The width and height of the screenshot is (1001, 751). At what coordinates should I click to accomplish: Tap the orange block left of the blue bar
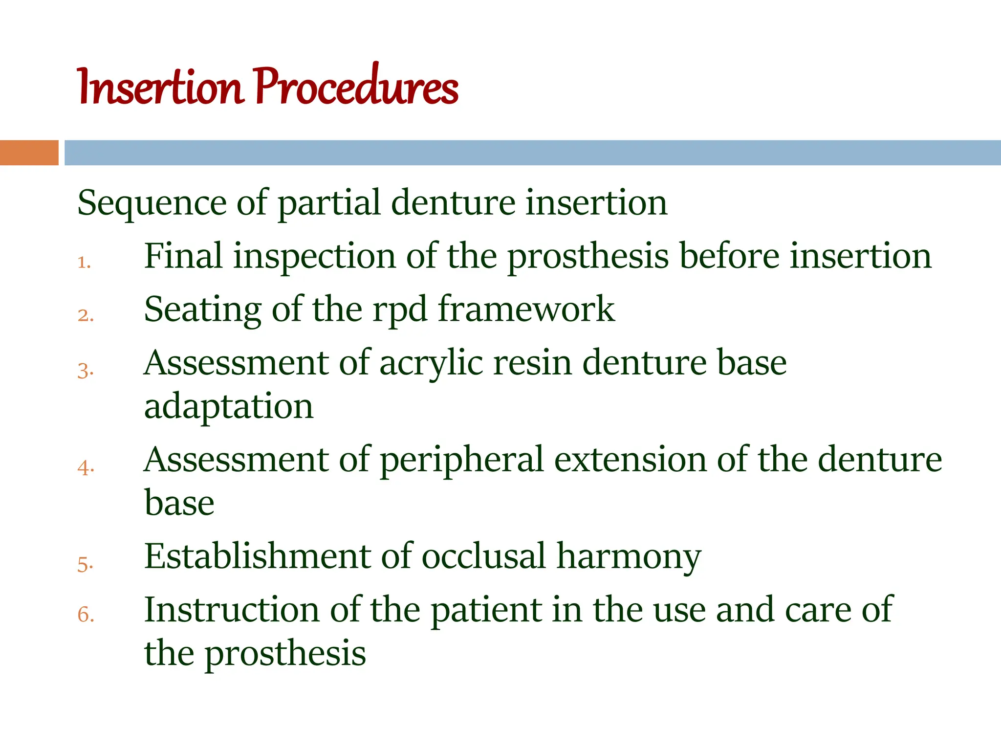(29, 153)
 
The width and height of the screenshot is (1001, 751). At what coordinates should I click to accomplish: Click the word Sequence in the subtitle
(152, 203)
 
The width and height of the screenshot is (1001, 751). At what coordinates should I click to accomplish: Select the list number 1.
(84, 263)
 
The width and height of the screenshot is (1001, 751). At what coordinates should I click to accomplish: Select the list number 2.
(85, 316)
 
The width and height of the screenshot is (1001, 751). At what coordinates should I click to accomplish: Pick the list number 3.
(85, 371)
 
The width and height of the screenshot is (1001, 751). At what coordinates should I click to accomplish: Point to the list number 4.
(85, 468)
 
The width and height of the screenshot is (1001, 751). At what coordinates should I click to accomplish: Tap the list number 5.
(85, 565)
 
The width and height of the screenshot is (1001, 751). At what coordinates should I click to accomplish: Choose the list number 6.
(85, 615)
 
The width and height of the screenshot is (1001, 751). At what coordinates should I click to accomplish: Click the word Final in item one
(183, 256)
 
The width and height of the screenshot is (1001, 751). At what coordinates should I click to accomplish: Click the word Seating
(203, 310)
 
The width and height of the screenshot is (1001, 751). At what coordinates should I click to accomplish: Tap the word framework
(526, 309)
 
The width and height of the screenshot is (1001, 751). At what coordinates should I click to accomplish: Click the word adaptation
(228, 407)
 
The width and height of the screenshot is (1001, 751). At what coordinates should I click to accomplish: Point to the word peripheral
(461, 461)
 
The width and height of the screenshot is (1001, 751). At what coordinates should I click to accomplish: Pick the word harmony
(629, 557)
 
